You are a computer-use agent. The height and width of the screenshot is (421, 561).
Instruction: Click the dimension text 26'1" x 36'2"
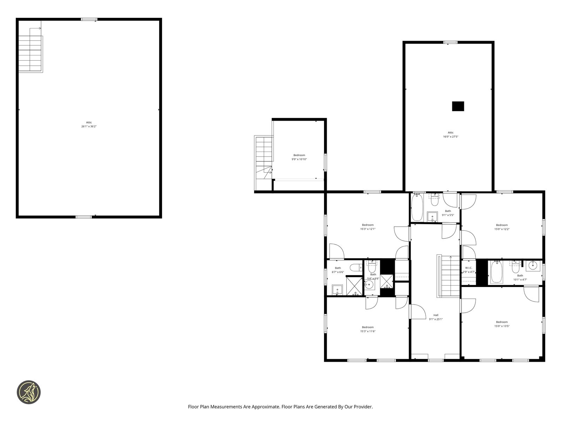pos(89,126)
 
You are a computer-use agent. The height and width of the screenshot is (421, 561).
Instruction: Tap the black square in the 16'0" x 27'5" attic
pos(458,106)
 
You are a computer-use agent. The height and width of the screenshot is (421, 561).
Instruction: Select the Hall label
pos(435,315)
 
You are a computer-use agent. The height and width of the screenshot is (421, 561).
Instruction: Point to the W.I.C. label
pos(468,268)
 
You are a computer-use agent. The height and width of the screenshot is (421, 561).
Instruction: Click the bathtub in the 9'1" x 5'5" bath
pos(417,207)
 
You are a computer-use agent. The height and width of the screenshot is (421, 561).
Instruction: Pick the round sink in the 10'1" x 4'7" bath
pos(533,266)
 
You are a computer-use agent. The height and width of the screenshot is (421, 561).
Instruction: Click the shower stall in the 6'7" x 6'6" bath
pos(354,286)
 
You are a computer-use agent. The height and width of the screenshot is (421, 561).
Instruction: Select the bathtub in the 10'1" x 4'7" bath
pos(496,272)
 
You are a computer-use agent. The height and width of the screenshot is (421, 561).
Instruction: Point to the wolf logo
pos(29,392)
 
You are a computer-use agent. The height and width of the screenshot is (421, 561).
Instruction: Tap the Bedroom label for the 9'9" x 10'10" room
pos(299,155)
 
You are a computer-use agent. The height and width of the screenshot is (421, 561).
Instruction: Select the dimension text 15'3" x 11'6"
pos(367,331)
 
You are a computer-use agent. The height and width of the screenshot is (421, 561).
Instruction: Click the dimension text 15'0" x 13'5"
pos(501,326)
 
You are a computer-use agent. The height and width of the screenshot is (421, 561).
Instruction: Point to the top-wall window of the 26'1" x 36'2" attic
pos(89,19)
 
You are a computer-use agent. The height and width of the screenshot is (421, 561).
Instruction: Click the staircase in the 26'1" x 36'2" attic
pos(30,54)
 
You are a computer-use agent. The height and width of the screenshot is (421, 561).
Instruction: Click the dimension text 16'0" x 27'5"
pos(450,136)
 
